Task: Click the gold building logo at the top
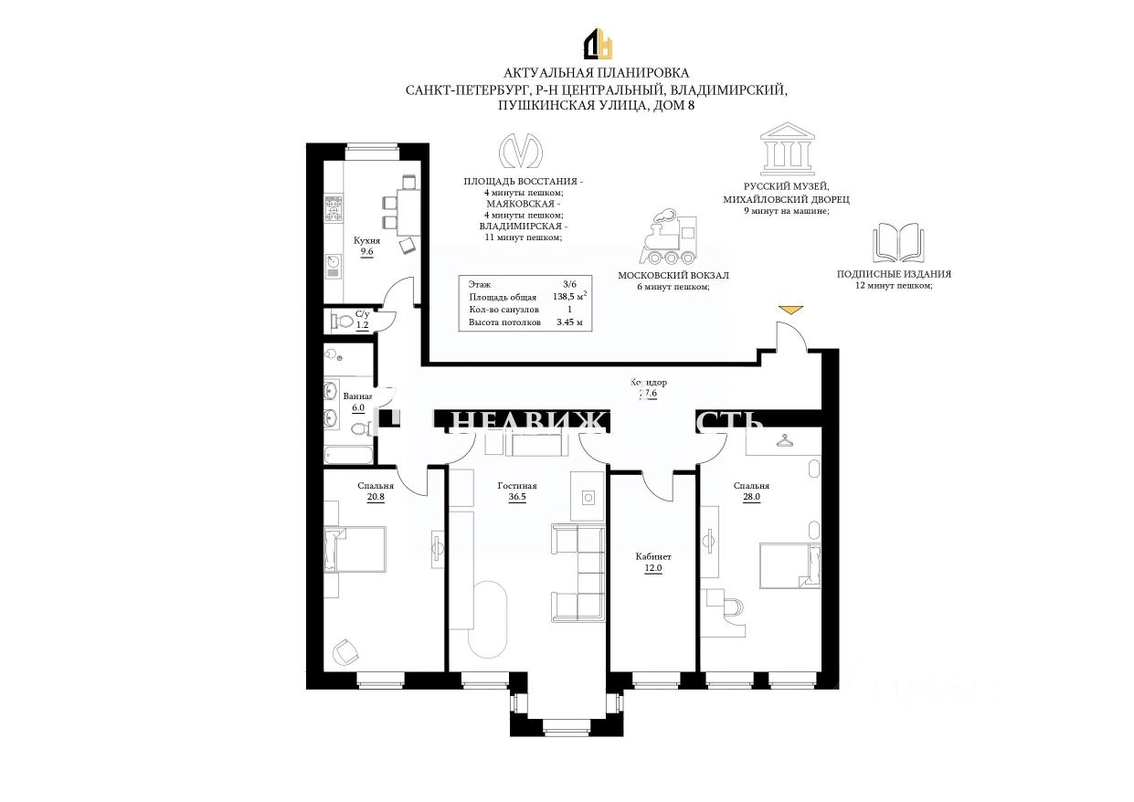(x=599, y=44)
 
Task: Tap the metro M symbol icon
(x=522, y=153)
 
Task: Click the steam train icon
(x=672, y=240)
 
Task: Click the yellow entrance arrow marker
(x=790, y=311)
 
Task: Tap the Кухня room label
(x=366, y=240)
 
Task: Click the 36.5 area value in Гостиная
(x=516, y=498)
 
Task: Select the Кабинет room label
(x=653, y=556)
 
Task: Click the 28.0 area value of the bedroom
(x=751, y=498)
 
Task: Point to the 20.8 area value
(x=376, y=498)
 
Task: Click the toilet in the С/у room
(x=343, y=321)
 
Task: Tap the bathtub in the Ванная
(x=348, y=454)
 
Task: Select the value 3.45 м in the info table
(x=568, y=322)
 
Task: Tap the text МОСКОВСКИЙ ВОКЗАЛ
(x=673, y=275)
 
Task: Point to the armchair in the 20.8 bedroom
(x=344, y=650)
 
